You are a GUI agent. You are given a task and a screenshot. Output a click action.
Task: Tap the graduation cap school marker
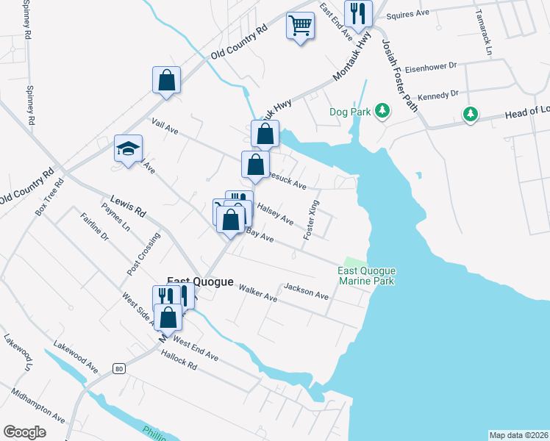[x=128, y=151]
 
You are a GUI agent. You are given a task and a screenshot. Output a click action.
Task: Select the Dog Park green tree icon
[x=382, y=111]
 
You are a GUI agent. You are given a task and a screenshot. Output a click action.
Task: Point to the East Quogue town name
[x=200, y=282]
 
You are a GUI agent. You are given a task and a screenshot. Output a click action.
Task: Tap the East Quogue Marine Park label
[x=367, y=276]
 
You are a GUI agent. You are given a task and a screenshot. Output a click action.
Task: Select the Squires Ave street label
[x=407, y=14]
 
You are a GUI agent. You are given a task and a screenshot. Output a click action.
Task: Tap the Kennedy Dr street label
[x=438, y=95]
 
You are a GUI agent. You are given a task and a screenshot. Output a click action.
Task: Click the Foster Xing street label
[x=312, y=219]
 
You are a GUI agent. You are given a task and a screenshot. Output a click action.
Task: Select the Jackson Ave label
[x=306, y=290]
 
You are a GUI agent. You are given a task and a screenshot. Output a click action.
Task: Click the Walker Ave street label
[x=257, y=294]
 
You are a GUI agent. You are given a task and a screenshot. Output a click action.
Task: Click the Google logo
[x=24, y=432]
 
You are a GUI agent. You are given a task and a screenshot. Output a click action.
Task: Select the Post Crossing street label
[x=143, y=254]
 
